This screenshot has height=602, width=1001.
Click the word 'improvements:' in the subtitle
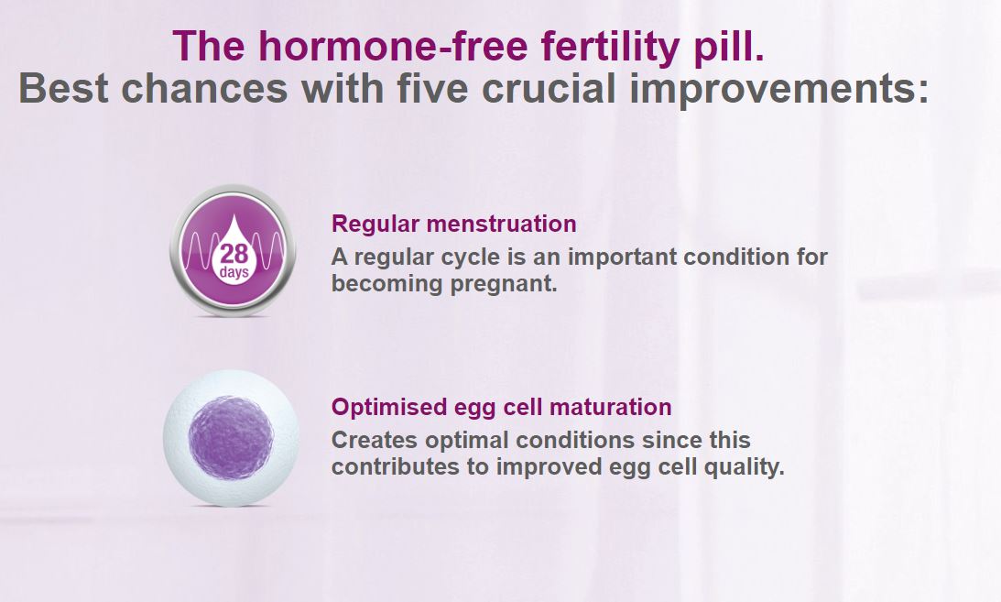click(784, 89)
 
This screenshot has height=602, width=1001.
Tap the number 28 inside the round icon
click(234, 254)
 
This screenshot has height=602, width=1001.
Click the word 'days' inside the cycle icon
click(234, 272)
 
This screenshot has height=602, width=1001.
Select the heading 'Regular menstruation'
click(453, 224)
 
